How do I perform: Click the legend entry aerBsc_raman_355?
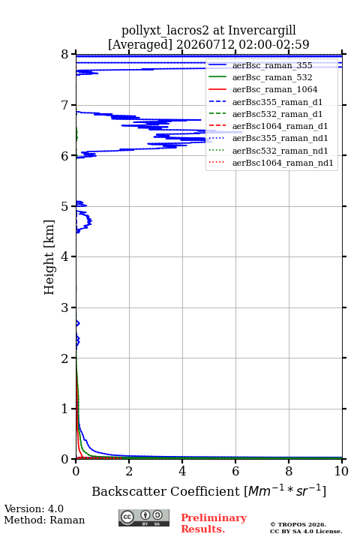272,65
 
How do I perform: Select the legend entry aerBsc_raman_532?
272,77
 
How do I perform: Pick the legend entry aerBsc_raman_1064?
275,89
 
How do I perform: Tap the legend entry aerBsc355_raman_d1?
277,102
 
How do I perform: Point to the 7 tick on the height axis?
73,105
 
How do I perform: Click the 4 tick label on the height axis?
64,256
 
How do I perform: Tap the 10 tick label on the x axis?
341,471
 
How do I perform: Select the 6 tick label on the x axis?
235,471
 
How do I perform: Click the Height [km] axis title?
49,257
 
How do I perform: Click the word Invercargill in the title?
262,31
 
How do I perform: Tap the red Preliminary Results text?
214,523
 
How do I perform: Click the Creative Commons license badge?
144,518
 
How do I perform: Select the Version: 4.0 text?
34,508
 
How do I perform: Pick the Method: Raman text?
44,520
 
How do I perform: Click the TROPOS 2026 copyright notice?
298,524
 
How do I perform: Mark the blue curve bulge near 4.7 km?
89,220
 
